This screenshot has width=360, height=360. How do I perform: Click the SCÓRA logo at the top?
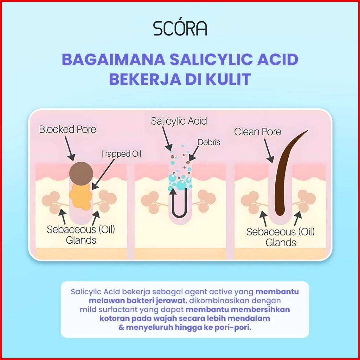click(180, 28)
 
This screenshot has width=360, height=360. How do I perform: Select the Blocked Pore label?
click(68, 130)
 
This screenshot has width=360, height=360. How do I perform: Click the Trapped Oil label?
click(121, 154)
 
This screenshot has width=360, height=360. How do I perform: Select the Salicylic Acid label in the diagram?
click(179, 121)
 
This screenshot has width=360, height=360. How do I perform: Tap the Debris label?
click(209, 142)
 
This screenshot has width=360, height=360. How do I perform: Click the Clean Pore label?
click(258, 132)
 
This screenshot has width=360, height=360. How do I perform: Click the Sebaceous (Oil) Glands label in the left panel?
click(81, 235)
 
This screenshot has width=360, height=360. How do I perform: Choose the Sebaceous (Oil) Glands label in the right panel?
click(281, 237)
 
